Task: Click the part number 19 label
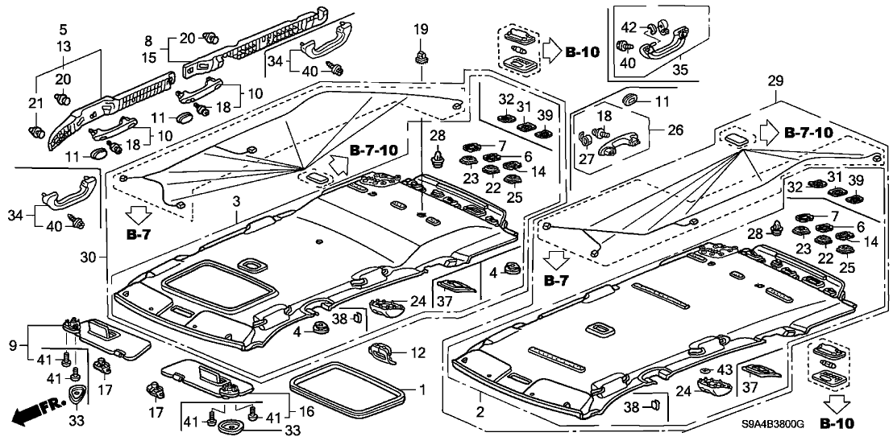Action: tap(422, 30)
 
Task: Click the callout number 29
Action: tap(775, 82)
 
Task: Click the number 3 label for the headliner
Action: tap(236, 199)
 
